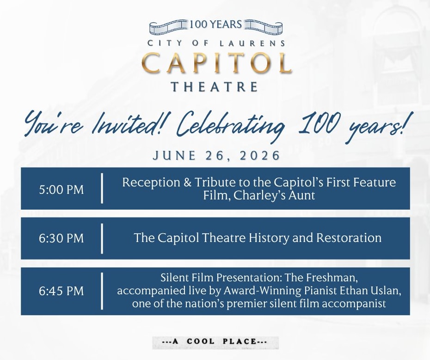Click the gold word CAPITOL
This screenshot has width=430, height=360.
click(x=217, y=63)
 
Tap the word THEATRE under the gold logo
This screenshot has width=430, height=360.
click(x=215, y=87)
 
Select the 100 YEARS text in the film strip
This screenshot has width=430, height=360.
click(x=216, y=25)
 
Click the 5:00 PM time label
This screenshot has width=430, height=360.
click(x=61, y=190)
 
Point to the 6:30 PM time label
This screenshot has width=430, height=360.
click(x=61, y=238)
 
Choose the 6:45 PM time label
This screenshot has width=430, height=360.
click(x=61, y=291)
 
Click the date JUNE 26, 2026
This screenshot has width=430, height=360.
click(x=216, y=155)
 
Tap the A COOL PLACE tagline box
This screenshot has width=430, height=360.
click(x=215, y=342)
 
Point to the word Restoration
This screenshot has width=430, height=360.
click(x=349, y=238)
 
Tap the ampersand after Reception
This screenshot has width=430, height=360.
click(x=188, y=182)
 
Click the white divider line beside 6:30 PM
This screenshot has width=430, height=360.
click(x=102, y=238)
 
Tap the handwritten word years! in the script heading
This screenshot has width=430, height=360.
click(x=375, y=127)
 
